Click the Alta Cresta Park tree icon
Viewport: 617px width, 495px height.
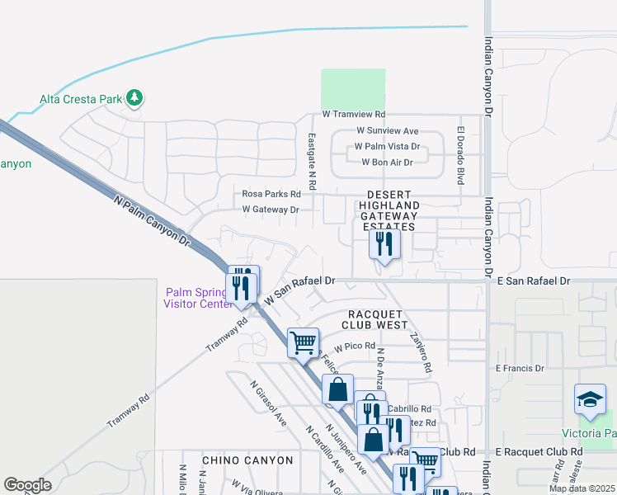[134, 99]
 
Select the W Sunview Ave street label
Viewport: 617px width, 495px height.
[388, 130]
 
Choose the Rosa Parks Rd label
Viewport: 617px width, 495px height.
[272, 194]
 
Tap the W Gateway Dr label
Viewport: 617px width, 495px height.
[270, 210]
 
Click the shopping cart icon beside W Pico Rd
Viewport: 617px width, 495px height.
[303, 341]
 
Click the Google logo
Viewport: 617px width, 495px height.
[27, 485]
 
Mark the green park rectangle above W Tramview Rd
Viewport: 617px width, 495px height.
[353, 87]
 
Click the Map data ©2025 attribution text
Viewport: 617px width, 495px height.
[582, 488]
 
